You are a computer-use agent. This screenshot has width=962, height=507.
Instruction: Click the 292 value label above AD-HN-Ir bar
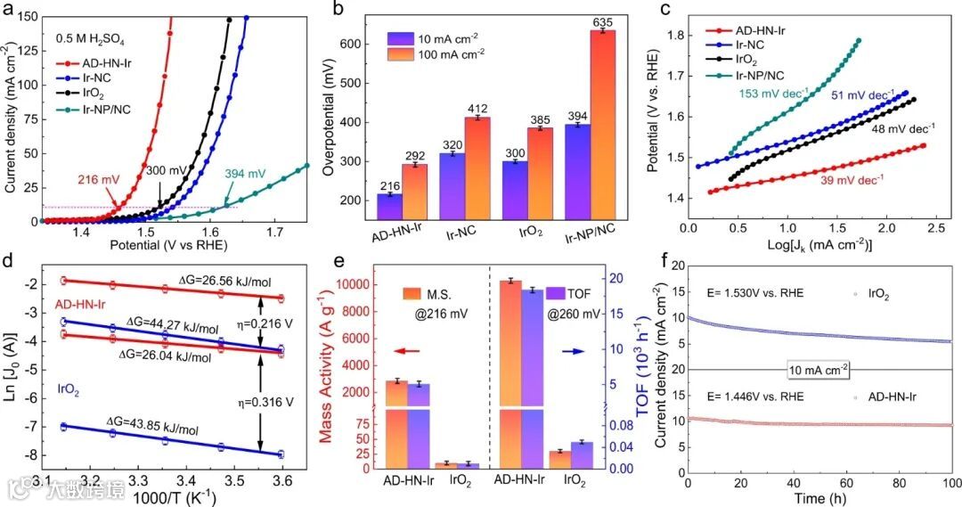(x=415, y=154)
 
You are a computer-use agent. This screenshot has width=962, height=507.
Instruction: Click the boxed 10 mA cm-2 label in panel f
(x=819, y=369)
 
